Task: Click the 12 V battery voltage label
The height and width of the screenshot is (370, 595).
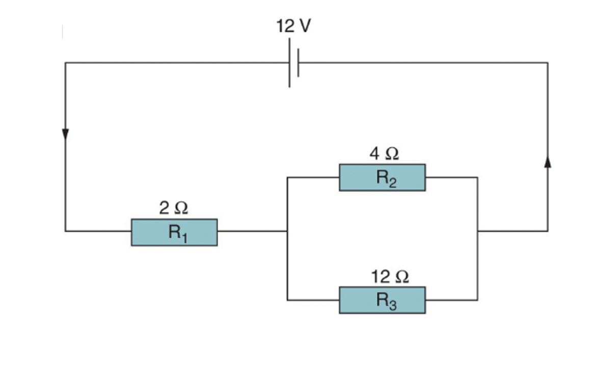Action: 293,26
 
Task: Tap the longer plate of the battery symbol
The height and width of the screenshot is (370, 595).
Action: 289,63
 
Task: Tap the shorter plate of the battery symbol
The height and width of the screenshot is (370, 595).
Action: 298,63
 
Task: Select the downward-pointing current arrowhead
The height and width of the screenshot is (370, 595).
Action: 65,134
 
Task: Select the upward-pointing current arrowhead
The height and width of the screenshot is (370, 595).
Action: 548,162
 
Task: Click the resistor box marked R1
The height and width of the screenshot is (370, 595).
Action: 174,232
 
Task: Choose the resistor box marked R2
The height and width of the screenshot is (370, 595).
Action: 382,178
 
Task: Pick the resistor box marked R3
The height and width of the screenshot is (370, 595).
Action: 382,300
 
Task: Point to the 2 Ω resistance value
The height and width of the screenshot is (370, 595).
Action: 174,208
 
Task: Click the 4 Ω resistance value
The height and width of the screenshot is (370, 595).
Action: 384,153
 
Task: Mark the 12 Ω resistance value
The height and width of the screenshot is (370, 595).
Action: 390,277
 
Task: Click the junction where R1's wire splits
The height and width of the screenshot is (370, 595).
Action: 287,231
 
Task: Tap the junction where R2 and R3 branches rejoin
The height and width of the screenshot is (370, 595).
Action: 477,231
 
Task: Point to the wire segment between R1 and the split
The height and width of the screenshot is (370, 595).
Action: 252,231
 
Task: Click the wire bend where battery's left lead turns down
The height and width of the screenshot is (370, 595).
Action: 65,63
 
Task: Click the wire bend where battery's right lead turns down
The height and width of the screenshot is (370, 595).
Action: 548,63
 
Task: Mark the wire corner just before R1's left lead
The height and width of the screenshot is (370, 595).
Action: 65,231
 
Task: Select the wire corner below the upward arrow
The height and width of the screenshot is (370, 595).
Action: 548,231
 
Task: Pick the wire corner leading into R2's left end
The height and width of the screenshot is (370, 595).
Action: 287,178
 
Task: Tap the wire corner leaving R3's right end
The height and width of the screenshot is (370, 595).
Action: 477,300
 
